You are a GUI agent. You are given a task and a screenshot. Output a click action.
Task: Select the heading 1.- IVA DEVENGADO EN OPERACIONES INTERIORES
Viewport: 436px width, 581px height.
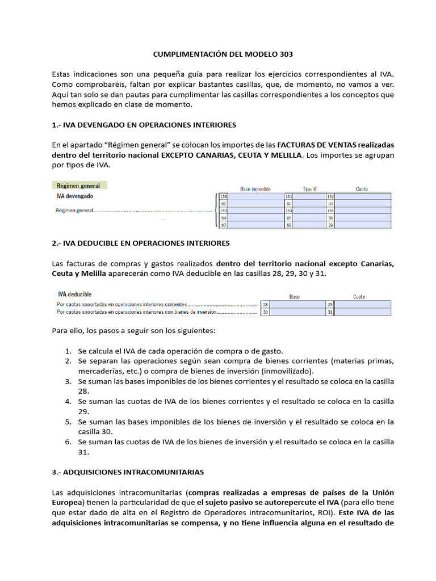point(144,124)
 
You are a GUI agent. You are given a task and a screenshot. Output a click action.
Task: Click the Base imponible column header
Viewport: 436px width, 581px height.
point(255,189)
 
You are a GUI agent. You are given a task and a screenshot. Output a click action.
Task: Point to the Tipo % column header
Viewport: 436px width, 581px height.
point(309,189)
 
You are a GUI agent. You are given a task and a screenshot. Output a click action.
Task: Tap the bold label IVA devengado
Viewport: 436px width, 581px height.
point(75,196)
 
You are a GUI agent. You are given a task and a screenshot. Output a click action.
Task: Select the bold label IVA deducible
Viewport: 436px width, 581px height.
point(75,294)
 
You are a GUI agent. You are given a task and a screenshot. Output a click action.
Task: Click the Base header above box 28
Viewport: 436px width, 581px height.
point(295,297)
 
